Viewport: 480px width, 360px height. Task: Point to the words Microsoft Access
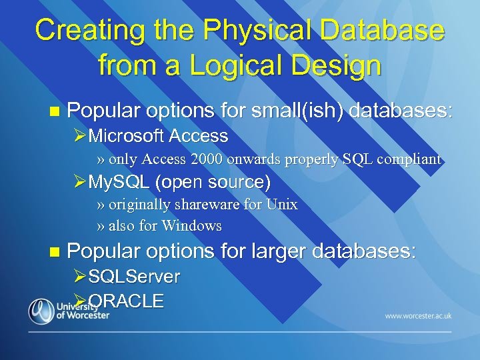[158, 137]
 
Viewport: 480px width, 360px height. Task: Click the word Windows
[191, 226]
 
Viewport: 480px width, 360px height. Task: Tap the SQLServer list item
[134, 276]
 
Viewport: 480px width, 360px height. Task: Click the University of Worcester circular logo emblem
[41, 311]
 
